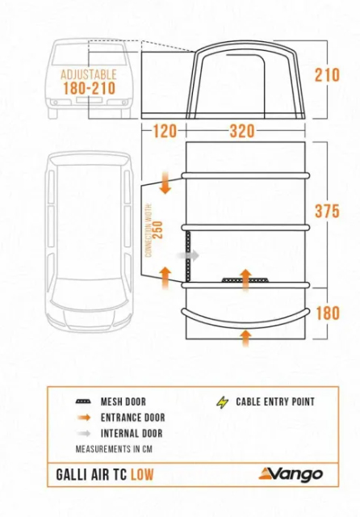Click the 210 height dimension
click(x=327, y=75)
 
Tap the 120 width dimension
click(x=165, y=131)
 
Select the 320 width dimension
click(x=242, y=131)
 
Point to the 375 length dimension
click(x=327, y=211)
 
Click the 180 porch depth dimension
click(x=328, y=313)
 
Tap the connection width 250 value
click(x=158, y=229)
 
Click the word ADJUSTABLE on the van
click(x=89, y=74)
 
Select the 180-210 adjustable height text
click(x=90, y=88)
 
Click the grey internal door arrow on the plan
click(x=188, y=255)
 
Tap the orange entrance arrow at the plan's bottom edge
click(x=245, y=338)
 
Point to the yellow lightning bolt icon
click(x=222, y=402)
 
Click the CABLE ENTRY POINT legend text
click(x=275, y=402)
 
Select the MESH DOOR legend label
click(x=123, y=401)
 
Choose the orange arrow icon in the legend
click(x=84, y=418)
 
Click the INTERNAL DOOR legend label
click(x=132, y=433)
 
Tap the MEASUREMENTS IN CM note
click(x=114, y=449)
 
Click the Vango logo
click(x=291, y=474)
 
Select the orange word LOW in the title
click(x=142, y=475)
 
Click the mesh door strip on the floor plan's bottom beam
click(x=245, y=280)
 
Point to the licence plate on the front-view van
click(x=89, y=99)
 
